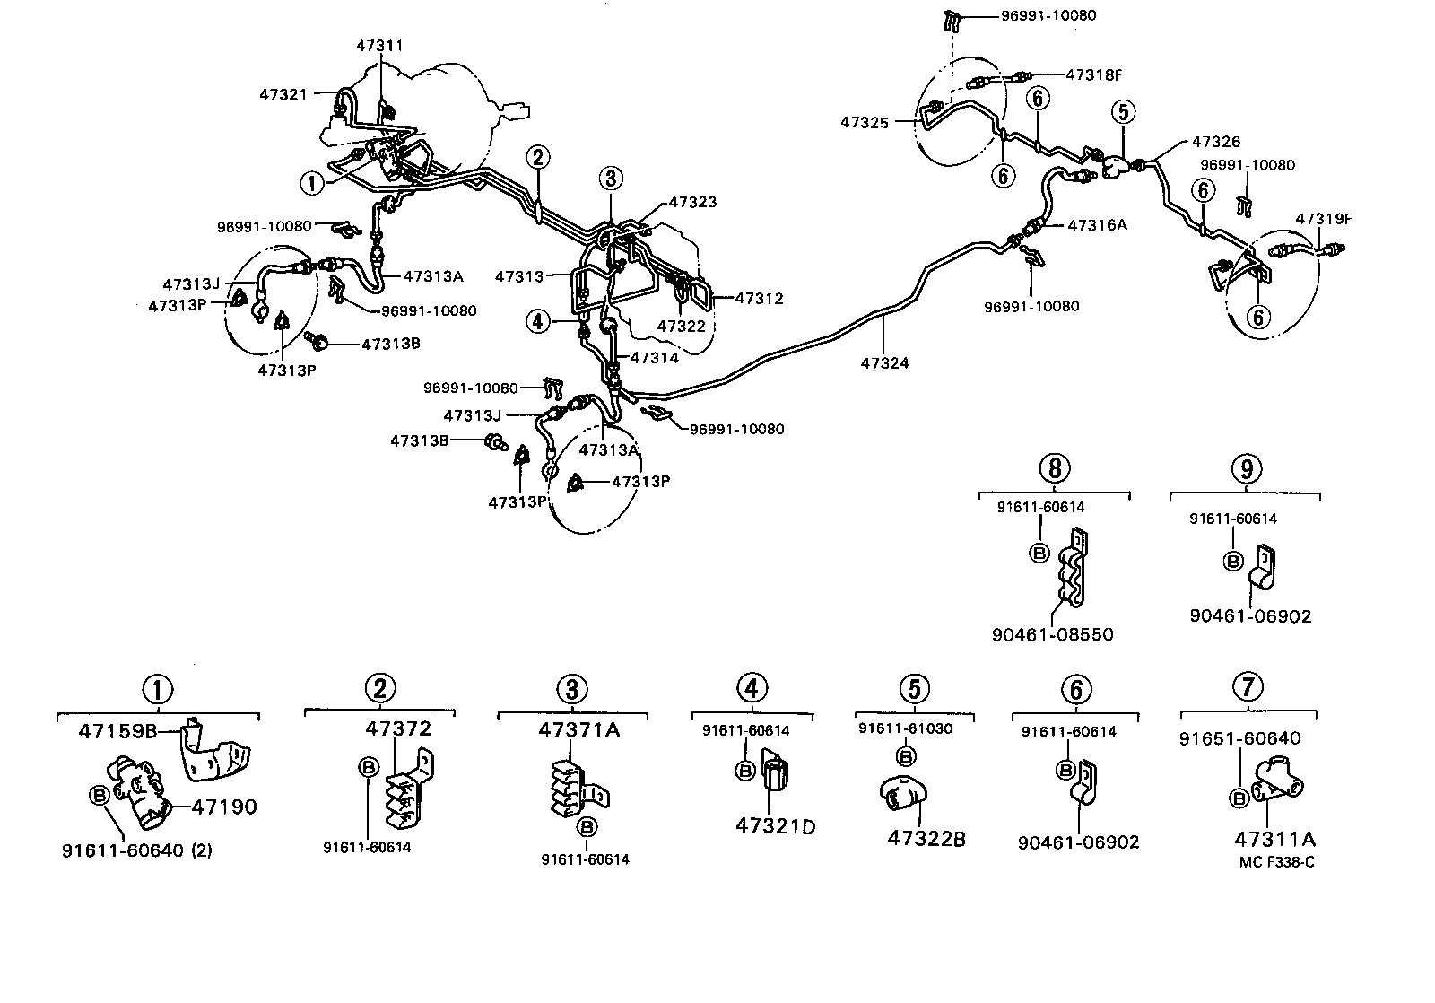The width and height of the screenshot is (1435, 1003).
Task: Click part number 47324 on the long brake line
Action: click(x=884, y=363)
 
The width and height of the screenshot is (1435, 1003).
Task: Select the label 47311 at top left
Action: click(x=379, y=45)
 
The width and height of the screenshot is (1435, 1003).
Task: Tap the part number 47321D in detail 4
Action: click(x=775, y=825)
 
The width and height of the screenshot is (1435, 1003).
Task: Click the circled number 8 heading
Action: click(x=1055, y=468)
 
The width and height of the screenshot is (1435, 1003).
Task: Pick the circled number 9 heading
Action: click(x=1246, y=468)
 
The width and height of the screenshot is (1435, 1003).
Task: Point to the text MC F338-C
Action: click(x=1276, y=862)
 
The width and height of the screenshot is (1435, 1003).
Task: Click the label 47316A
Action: click(x=1097, y=225)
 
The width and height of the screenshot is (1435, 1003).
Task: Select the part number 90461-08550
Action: click(x=1052, y=634)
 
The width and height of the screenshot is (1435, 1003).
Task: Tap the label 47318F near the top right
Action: click(x=1094, y=75)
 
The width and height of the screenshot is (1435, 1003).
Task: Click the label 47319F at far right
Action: click(x=1322, y=219)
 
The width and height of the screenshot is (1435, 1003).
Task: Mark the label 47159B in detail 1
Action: click(x=117, y=730)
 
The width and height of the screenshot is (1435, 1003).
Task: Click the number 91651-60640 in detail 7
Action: click(x=1239, y=738)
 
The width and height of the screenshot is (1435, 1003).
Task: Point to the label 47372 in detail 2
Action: click(x=398, y=728)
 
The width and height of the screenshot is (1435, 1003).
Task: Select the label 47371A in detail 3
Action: click(x=579, y=729)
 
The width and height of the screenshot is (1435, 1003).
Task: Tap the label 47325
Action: click(x=865, y=121)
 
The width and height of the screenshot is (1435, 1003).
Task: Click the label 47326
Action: click(x=1216, y=142)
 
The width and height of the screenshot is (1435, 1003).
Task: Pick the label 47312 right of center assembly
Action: click(x=759, y=298)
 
